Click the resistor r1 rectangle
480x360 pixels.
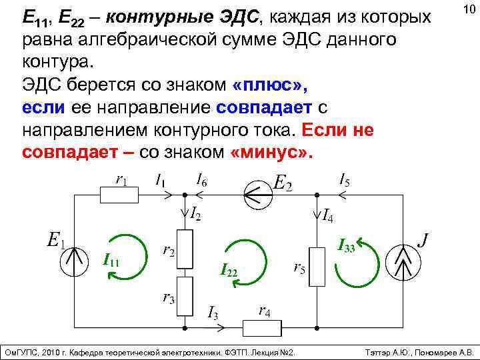[x=119, y=194]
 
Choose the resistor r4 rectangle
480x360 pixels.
[x=260, y=327]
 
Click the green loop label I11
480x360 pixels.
[x=111, y=261]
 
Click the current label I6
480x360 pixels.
[x=200, y=179]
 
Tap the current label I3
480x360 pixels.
[x=213, y=311]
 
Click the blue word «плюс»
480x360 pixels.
[x=270, y=87]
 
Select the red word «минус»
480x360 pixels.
[x=270, y=151]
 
